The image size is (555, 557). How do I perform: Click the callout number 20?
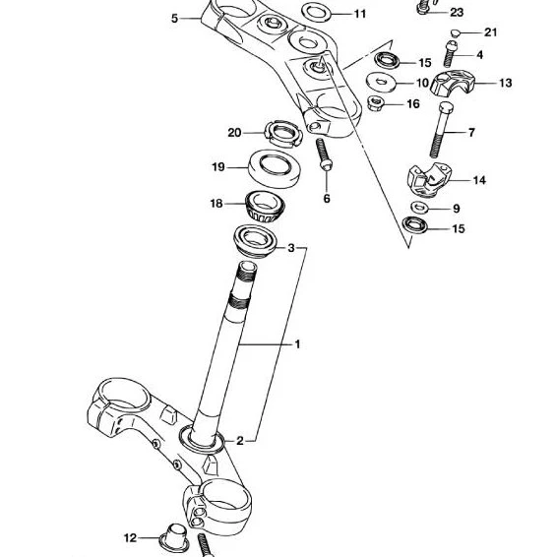234,133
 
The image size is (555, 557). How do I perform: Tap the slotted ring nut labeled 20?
282,134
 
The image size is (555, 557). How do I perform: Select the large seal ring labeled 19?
276,168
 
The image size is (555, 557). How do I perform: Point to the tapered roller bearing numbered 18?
265,207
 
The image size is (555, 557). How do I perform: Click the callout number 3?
291,248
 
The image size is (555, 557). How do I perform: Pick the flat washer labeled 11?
316,13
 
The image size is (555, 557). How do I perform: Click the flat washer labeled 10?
381,83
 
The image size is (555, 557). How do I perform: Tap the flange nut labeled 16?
375,103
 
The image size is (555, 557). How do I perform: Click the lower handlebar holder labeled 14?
427,180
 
